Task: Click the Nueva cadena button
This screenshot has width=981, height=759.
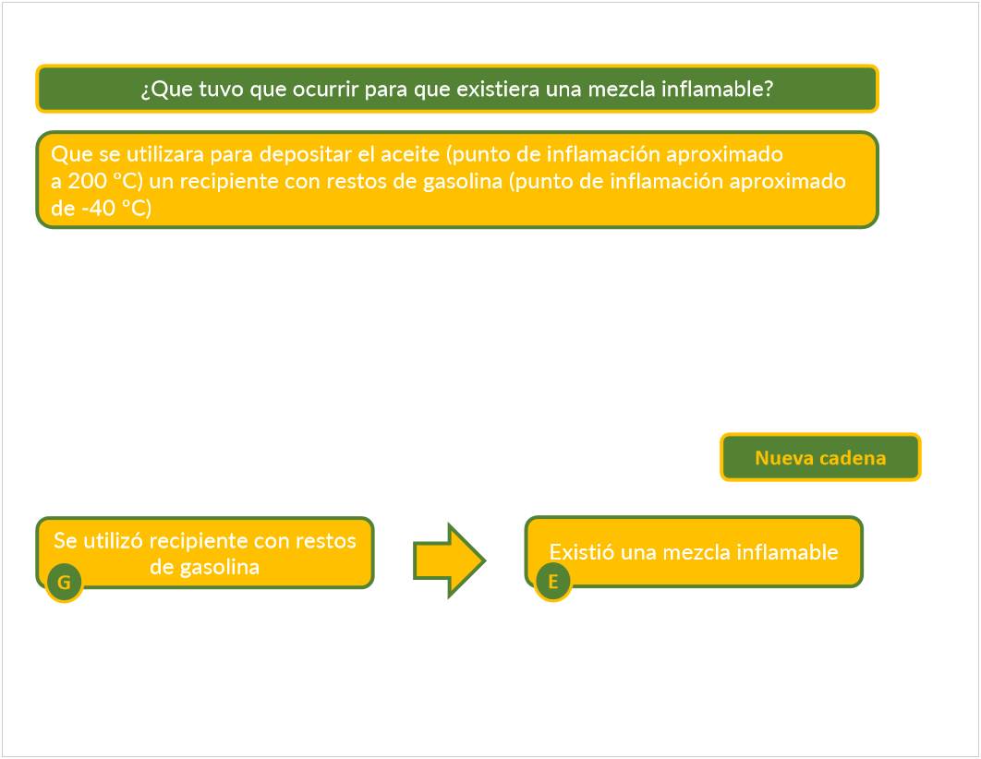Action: (820, 457)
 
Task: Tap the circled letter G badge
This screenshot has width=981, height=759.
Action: (65, 583)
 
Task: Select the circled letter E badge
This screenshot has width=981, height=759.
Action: (553, 582)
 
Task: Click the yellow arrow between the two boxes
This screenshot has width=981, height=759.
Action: (449, 560)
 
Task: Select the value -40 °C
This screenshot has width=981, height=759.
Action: (116, 208)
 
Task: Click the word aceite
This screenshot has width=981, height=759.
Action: (410, 154)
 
